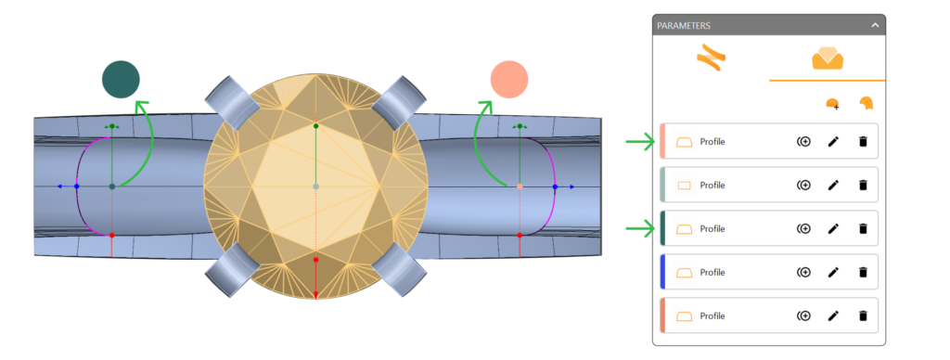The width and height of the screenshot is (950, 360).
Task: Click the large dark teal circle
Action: (x=122, y=80)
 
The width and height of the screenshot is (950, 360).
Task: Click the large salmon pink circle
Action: (x=509, y=80)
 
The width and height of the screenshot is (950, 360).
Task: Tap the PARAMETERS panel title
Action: (x=684, y=25)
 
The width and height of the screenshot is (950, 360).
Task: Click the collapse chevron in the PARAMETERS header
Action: (x=875, y=25)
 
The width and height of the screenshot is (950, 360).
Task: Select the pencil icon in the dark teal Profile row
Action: (x=834, y=228)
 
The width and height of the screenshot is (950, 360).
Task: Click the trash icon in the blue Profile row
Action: (x=864, y=272)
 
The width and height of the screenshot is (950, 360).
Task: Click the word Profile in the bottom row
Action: (x=712, y=315)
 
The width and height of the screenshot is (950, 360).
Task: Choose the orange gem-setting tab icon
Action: (x=828, y=58)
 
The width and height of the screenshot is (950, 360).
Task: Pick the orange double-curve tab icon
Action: (x=711, y=58)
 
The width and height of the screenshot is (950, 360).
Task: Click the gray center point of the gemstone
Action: (x=315, y=186)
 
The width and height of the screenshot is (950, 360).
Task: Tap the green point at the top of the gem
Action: (x=315, y=126)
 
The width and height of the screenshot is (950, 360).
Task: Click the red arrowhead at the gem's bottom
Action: (x=315, y=294)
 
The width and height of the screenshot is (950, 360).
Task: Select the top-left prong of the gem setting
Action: (x=231, y=102)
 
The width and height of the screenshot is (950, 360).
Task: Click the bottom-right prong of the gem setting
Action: (x=400, y=270)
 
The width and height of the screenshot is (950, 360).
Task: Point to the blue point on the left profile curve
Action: (x=76, y=186)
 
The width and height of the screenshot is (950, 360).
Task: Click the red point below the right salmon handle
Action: (x=520, y=235)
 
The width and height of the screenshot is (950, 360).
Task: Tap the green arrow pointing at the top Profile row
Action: (x=640, y=143)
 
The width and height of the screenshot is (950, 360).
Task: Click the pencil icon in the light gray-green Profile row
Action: (x=834, y=185)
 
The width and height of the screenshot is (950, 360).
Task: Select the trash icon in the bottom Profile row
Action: (x=864, y=315)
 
